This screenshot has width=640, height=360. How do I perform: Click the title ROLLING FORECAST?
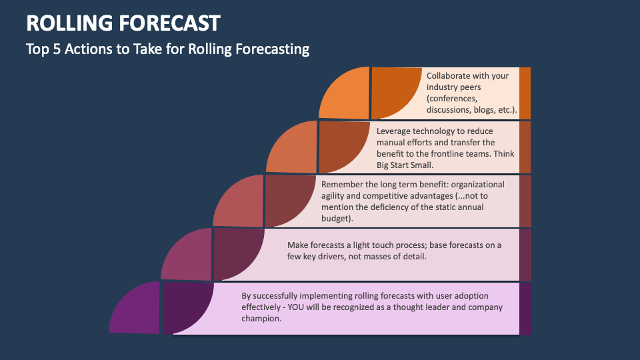pos(123,23)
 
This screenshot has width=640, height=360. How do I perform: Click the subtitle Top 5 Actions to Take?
pos(167,49)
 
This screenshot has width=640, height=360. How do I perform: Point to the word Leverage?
pos(395,131)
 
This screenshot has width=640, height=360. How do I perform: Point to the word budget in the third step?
pos(336,218)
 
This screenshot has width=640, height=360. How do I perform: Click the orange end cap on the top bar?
pos(525,93)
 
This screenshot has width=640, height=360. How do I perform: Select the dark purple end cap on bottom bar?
pos(525,309)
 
